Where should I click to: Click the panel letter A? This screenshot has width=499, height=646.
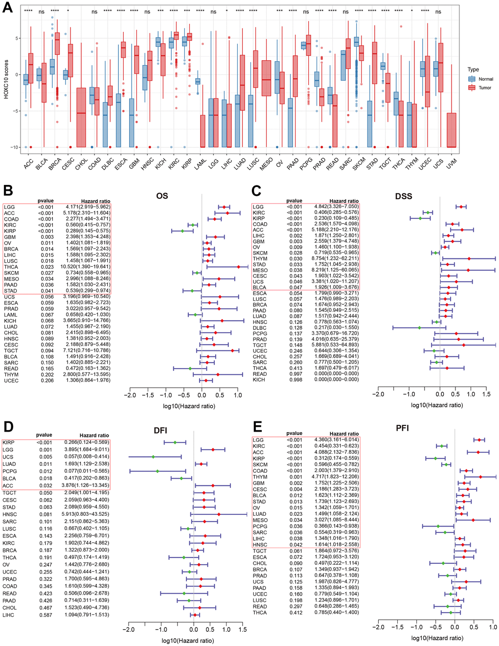point(7,8)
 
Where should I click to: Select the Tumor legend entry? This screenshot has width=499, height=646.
point(485,88)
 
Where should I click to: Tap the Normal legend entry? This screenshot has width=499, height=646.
point(485,79)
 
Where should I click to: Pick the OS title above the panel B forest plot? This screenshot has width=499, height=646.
point(162,196)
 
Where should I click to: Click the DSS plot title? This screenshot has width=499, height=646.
point(404,196)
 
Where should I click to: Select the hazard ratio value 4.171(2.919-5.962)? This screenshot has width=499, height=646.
point(88,207)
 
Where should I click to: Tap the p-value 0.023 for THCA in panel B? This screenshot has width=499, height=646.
point(47,267)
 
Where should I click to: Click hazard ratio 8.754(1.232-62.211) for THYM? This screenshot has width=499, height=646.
point(336,258)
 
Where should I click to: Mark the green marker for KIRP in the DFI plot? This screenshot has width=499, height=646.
point(175,442)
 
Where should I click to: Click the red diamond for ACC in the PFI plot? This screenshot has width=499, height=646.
point(478,452)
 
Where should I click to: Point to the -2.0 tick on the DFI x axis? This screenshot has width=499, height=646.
point(128,629)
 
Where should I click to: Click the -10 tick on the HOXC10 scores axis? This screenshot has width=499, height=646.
point(15,147)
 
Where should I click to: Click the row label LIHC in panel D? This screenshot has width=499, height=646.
point(9,615)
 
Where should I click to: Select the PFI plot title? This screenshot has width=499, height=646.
point(402,428)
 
